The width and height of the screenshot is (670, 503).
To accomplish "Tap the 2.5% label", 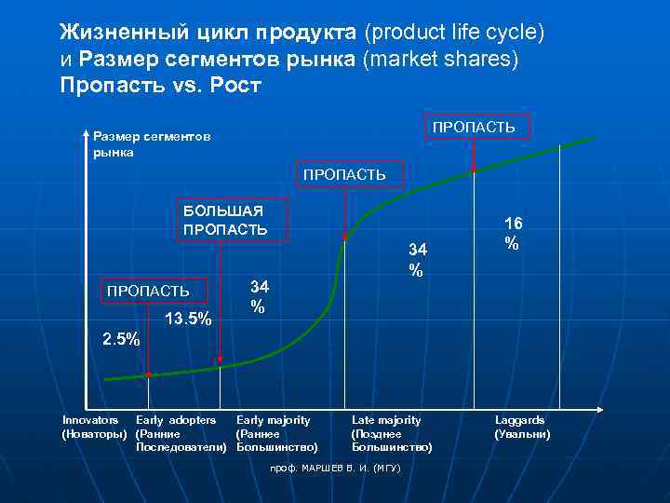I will point(120,339).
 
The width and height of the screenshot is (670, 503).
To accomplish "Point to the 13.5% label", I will point(188,319).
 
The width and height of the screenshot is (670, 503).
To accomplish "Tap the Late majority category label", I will point(390,434).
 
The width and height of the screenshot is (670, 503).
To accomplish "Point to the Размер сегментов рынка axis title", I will point(151,143).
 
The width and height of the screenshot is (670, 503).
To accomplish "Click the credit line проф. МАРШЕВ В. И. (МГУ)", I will point(335,467).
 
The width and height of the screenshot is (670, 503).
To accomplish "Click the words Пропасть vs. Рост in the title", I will point(160,86).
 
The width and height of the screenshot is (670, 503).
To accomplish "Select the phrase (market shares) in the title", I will point(443,60).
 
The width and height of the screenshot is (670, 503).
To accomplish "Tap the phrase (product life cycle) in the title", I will point(454,33).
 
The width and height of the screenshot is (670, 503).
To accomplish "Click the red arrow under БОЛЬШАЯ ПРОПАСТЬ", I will point(220,298).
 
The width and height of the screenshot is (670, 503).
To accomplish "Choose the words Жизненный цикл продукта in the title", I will point(208,33).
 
